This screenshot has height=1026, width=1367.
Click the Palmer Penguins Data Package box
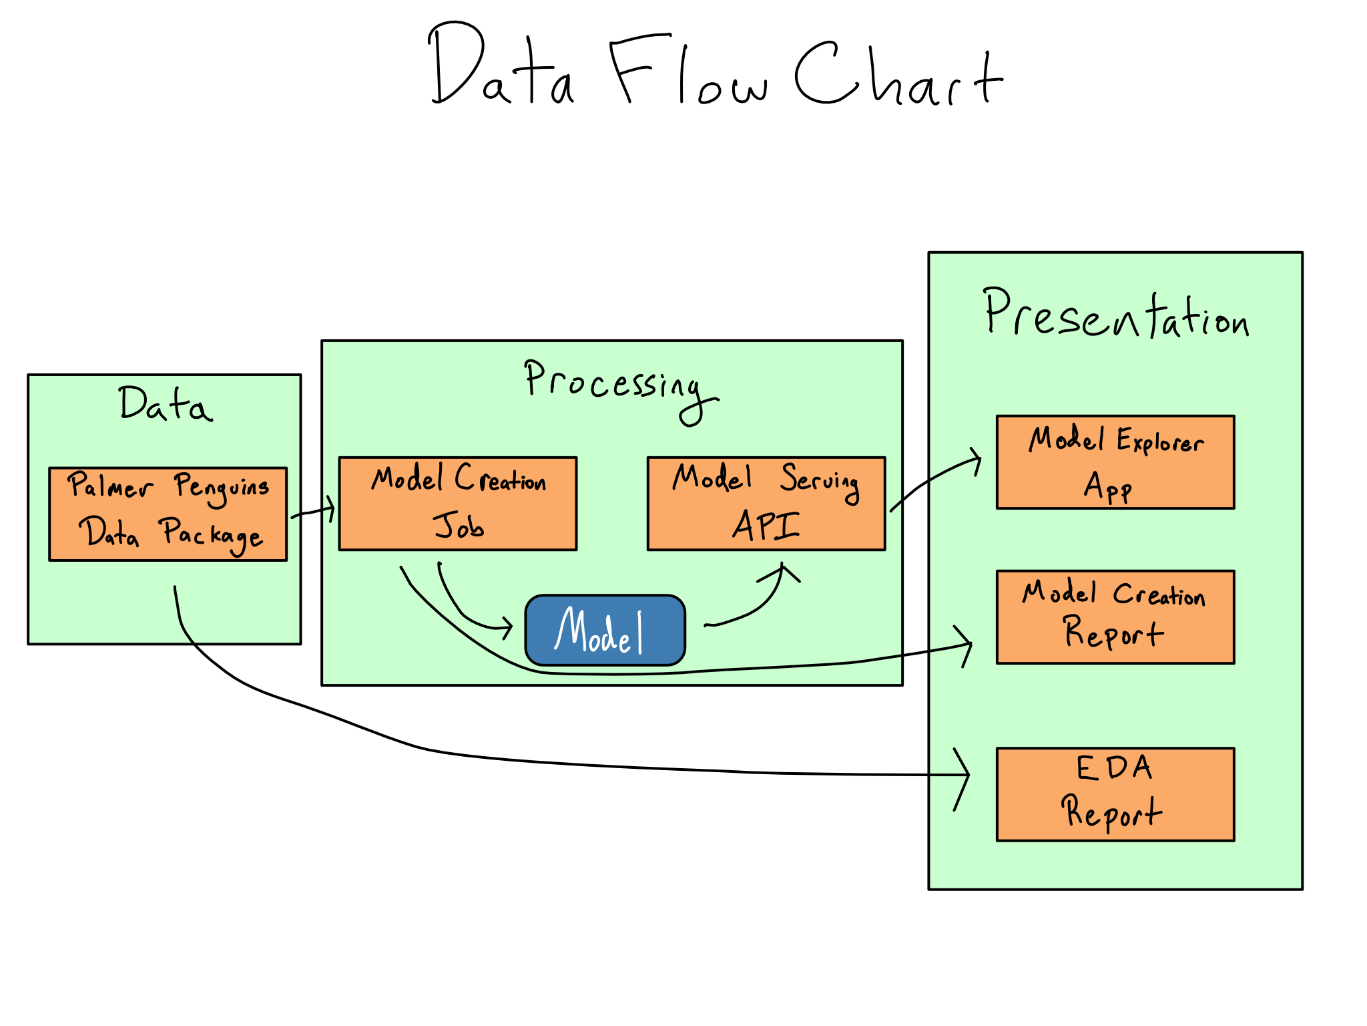click(x=168, y=514)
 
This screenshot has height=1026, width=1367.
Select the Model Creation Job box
click(x=458, y=504)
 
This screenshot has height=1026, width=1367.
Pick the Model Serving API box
click(x=766, y=504)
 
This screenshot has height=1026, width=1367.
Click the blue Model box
click(x=605, y=630)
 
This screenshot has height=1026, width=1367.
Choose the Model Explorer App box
click(x=1115, y=462)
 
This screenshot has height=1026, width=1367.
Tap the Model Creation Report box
click(x=1115, y=617)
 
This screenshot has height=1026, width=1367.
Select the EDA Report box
click(x=1115, y=794)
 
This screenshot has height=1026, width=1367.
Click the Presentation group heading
click(x=1115, y=314)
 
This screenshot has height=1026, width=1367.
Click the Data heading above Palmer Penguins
click(x=165, y=404)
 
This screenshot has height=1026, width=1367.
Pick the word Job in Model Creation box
click(x=459, y=526)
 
